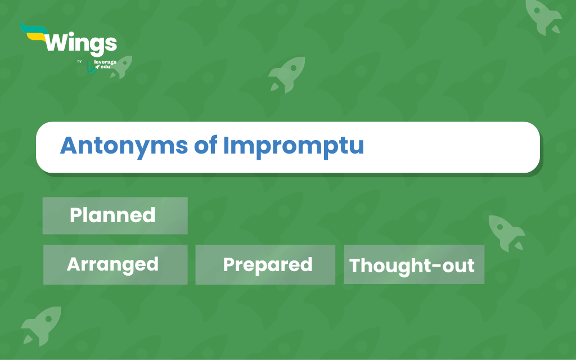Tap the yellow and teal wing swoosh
[34, 32]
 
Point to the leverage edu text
[105, 64]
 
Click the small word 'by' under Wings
[79, 61]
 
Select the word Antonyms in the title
[124, 146]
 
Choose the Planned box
[115, 215]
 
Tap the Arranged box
[115, 264]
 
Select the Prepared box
[265, 264]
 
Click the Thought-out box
[414, 264]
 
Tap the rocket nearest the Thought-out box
[506, 233]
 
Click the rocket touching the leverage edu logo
[122, 67]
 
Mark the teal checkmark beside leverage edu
[91, 67]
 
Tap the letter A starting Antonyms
[69, 145]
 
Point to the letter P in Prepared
[229, 264]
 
